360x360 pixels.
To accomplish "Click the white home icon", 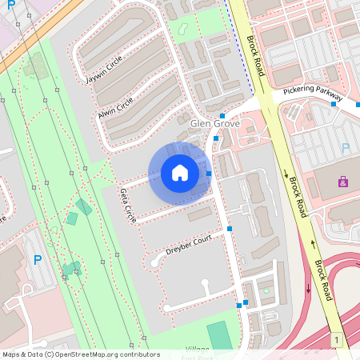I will [x=180, y=172].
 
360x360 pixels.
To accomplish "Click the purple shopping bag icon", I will [x=343, y=182].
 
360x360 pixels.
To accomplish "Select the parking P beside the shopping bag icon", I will [x=346, y=149].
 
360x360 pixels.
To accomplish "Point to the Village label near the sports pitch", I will [x=197, y=350].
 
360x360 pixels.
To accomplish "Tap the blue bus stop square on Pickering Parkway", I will [x=334, y=104].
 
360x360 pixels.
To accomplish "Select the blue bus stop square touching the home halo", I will [x=209, y=174].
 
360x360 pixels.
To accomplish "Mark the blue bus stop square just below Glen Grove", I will [x=216, y=138].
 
